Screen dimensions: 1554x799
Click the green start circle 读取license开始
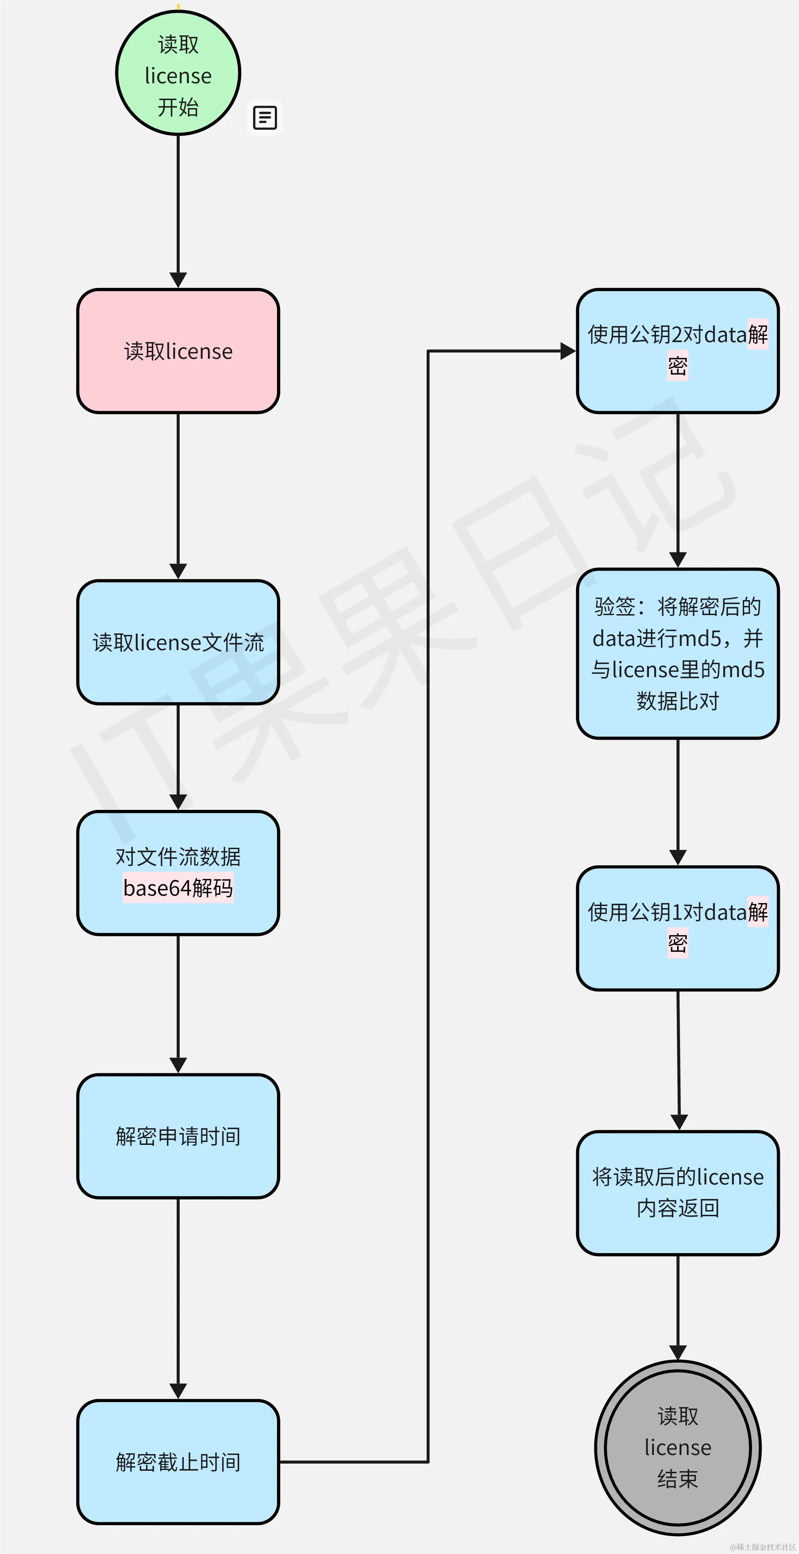pyautogui.click(x=178, y=73)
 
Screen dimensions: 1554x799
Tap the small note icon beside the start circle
pyautogui.click(x=265, y=118)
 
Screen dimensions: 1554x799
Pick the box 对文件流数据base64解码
pyautogui.click(x=178, y=873)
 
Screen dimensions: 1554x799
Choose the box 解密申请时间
pyautogui.click(x=178, y=1136)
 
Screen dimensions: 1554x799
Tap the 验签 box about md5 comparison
pyautogui.click(x=678, y=653)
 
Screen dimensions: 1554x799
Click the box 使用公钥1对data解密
pyautogui.click(x=678, y=928)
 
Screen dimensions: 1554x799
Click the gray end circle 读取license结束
pyautogui.click(x=678, y=1448)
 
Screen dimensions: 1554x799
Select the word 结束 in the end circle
pyautogui.click(x=678, y=1479)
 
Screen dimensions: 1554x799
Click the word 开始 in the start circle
pyautogui.click(x=178, y=107)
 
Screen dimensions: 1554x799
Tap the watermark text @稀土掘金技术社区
pyautogui.click(x=763, y=1547)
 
